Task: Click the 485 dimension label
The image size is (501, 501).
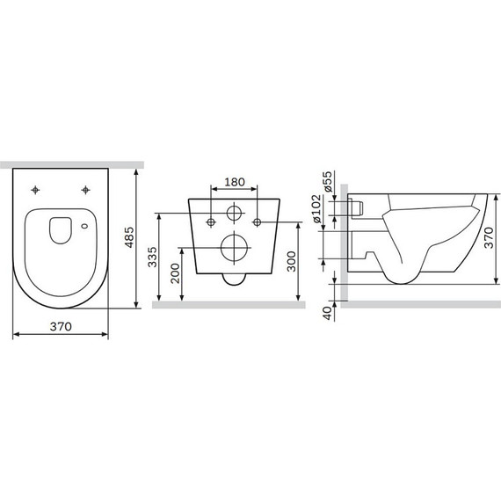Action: coord(129,237)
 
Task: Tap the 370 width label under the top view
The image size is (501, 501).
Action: coord(61,327)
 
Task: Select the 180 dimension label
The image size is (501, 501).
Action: coord(235,182)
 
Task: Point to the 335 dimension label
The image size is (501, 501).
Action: coord(152,257)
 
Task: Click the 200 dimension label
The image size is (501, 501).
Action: coord(175,273)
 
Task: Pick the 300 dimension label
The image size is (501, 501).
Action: coord(291,261)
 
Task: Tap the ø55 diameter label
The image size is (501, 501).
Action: coord(328,182)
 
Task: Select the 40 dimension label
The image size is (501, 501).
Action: coord(328,313)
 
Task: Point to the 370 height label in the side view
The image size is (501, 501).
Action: coord(489,237)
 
